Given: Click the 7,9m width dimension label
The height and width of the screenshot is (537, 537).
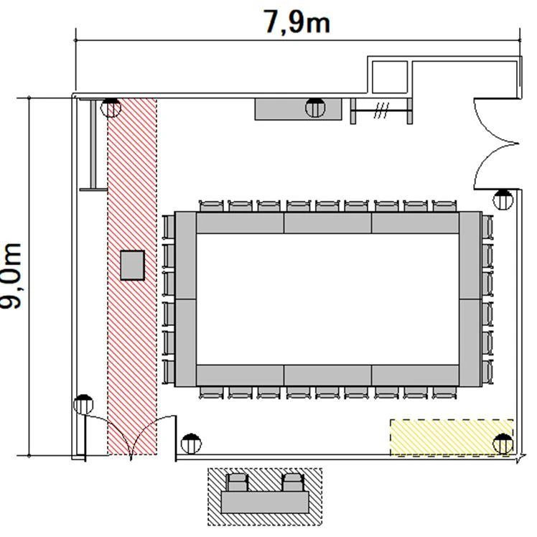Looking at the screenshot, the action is click(296, 22).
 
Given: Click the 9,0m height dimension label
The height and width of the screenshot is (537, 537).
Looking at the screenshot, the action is click(11, 276).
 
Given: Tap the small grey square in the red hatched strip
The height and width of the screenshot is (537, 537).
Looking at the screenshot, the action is click(132, 266).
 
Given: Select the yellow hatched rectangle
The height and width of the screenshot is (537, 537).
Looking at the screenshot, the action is click(452, 437).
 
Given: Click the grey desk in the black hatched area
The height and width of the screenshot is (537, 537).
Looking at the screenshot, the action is click(265, 502).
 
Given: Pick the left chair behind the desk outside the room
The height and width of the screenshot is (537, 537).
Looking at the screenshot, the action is click(237, 482).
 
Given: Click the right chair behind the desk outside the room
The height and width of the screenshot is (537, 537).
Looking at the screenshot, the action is click(293, 482).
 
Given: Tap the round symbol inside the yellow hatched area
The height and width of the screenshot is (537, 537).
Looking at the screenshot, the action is click(503, 444).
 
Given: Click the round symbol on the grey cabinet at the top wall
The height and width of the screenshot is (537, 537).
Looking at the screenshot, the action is click(315, 108).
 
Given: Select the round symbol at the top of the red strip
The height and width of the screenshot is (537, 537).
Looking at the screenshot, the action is click(111, 108).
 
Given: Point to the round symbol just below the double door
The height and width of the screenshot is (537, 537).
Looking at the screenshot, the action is click(503, 200).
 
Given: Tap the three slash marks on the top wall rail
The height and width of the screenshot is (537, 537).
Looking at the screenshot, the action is click(381, 111).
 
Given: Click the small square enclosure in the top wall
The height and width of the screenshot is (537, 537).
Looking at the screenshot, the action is click(390, 77).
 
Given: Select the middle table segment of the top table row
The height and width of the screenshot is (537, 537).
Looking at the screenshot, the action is click(328, 223).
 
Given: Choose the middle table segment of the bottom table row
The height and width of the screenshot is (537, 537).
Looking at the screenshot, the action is click(328, 375).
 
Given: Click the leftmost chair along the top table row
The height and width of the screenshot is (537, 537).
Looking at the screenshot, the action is click(211, 206).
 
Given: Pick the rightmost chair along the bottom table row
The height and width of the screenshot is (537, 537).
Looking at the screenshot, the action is click(444, 393).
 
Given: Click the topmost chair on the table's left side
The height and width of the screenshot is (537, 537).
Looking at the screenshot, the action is click(168, 227).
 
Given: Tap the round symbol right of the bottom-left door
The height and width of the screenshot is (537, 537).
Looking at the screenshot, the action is click(191, 444).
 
